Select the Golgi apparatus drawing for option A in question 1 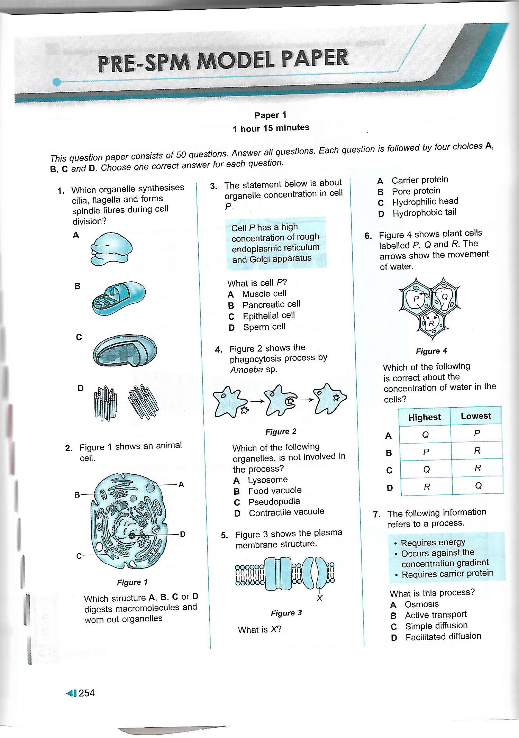(111, 248)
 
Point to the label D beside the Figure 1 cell (183, 534)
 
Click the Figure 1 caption (132, 582)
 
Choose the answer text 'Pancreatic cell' (271, 304)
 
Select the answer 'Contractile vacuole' (286, 512)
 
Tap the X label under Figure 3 (319, 598)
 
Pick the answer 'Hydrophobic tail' (424, 212)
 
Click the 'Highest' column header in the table (425, 417)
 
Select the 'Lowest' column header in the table (476, 416)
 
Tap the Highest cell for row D (427, 487)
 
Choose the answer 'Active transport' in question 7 (436, 615)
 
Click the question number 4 (218, 349)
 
